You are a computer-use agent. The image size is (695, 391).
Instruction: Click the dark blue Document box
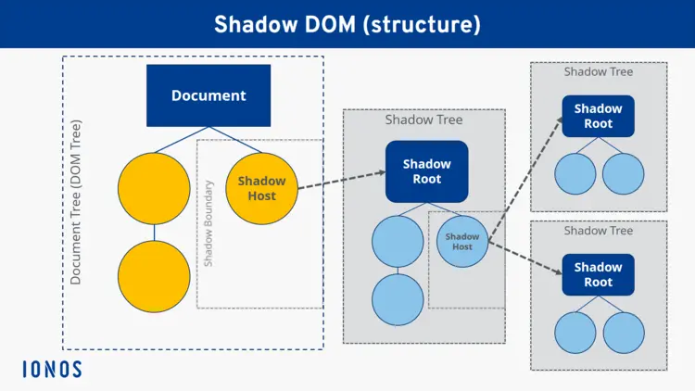[x=208, y=95]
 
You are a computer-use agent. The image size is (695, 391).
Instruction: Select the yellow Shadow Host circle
[x=262, y=189]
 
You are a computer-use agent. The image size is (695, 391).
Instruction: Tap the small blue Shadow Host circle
[x=462, y=241]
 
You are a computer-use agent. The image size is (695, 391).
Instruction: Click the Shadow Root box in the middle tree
[x=427, y=171]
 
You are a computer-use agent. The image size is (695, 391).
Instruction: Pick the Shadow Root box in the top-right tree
[x=598, y=116]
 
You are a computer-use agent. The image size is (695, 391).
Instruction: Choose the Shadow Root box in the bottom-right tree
[x=598, y=275]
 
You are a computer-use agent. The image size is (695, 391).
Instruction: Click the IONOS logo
[x=52, y=369]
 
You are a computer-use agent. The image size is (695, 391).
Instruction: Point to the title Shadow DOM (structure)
[x=347, y=24]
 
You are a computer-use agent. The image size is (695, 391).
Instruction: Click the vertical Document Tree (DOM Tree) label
[x=76, y=201]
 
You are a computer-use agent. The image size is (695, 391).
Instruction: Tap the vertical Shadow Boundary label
[x=208, y=223]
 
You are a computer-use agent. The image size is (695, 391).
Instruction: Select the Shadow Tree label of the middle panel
[x=423, y=120]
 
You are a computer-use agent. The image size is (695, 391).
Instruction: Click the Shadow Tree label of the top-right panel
[x=598, y=71]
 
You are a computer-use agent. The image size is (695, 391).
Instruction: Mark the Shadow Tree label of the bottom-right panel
[x=598, y=231]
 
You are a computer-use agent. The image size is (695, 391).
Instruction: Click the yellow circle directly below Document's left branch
[x=154, y=189]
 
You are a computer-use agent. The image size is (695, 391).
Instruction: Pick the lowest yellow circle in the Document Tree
[x=154, y=278]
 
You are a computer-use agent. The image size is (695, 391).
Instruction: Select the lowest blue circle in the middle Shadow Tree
[x=398, y=299]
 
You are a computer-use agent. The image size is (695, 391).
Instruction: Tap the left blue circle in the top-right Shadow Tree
[x=575, y=173]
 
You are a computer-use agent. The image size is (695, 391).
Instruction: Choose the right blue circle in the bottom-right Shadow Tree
[x=623, y=333]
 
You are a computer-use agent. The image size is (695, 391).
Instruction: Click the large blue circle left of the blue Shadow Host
[x=398, y=241]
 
